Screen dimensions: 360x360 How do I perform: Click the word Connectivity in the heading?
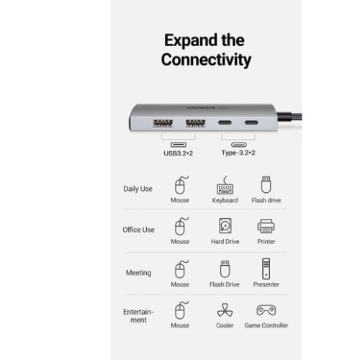[206, 60]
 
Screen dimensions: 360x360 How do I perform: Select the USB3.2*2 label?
[178, 153]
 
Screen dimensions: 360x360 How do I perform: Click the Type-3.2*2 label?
[238, 153]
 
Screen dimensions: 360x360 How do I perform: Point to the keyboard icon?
[225, 185]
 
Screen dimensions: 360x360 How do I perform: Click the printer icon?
[266, 226]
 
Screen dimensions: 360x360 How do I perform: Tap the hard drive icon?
[225, 225]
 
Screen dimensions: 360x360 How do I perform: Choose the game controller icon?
[266, 310]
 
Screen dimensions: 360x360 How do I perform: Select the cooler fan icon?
[225, 310]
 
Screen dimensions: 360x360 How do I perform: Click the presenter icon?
[266, 269]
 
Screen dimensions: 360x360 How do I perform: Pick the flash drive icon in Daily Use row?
[266, 184]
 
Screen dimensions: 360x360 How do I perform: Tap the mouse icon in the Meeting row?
[181, 269]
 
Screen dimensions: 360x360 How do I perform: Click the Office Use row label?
[138, 230]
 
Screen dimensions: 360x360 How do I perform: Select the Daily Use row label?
[138, 189]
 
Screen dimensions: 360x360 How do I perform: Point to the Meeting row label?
[139, 273]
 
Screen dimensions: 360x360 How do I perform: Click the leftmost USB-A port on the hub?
[163, 123]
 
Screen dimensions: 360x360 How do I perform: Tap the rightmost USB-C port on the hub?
[251, 122]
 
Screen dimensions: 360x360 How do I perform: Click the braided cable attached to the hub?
[289, 117]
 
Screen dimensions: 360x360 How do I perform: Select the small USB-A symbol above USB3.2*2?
[179, 145]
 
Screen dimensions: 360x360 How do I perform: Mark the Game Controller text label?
[266, 325]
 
